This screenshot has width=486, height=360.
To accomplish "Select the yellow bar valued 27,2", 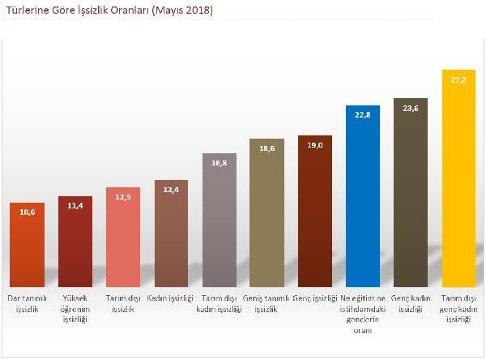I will (458, 178).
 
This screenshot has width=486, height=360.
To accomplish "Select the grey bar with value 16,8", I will (219, 220).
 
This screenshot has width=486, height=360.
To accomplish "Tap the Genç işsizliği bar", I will (315, 211).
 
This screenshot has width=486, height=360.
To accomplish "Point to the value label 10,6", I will (28, 212).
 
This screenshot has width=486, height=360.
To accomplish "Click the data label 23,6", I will (411, 109).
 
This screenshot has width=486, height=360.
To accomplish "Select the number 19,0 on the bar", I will (315, 145).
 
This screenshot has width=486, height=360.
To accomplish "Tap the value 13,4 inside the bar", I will (171, 191).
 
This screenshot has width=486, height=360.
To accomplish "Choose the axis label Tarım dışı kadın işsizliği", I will (219, 305).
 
